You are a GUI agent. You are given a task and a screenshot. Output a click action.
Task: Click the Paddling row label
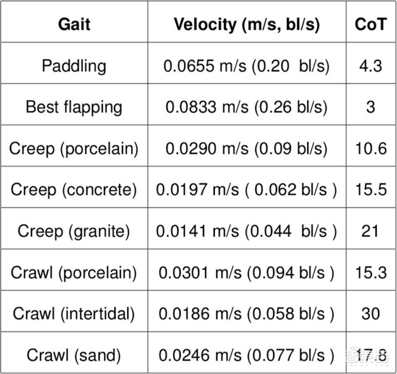(x=74, y=66)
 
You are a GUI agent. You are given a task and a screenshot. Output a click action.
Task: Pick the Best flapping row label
(x=74, y=107)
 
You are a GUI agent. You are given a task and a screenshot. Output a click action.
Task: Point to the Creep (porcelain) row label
(x=74, y=149)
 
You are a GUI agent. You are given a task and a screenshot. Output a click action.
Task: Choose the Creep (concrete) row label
(x=74, y=190)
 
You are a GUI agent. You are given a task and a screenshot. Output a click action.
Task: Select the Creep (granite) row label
(x=74, y=231)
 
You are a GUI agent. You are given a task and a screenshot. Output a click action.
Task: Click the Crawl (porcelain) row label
(x=74, y=272)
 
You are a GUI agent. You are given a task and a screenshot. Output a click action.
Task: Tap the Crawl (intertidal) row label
(x=74, y=314)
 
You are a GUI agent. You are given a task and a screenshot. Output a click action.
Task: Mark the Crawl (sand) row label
(x=74, y=355)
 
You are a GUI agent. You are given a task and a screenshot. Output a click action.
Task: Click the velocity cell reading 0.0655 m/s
(x=247, y=66)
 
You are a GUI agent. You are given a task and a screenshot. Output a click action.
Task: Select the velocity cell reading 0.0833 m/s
(x=247, y=107)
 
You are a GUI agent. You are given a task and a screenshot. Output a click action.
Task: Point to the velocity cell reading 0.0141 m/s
(x=247, y=231)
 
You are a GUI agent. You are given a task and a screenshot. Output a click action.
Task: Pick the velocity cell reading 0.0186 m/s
(x=247, y=314)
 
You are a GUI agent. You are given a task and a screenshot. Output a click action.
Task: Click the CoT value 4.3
(x=370, y=66)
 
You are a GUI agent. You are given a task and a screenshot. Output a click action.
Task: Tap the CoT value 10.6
(x=370, y=149)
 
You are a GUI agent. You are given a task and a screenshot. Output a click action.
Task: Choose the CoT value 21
(x=370, y=231)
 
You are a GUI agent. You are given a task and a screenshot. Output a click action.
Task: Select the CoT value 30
(x=370, y=314)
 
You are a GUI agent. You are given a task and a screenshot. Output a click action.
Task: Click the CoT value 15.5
(x=370, y=190)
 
